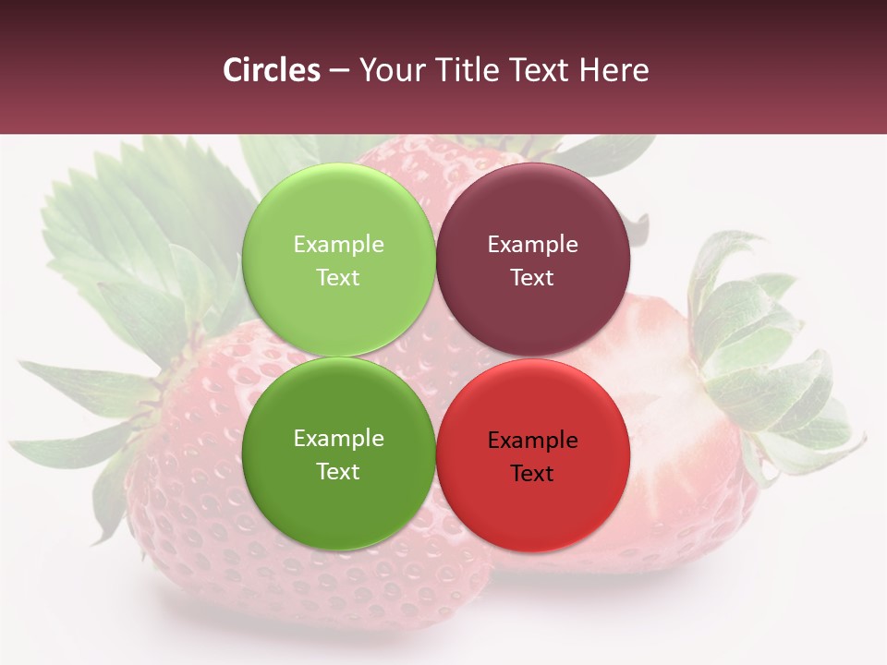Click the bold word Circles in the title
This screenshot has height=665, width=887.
[x=272, y=70]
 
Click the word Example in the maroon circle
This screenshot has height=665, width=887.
[x=532, y=244]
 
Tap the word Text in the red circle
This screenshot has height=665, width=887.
[x=532, y=473]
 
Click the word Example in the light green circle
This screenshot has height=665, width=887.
[x=338, y=244]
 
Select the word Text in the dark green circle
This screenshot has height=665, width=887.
[x=338, y=471]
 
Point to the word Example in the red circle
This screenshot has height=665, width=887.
[x=532, y=440]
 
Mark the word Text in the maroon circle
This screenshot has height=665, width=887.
[x=532, y=277]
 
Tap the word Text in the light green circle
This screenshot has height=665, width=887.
[x=338, y=277]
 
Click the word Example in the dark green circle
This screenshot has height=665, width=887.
[x=338, y=438]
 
